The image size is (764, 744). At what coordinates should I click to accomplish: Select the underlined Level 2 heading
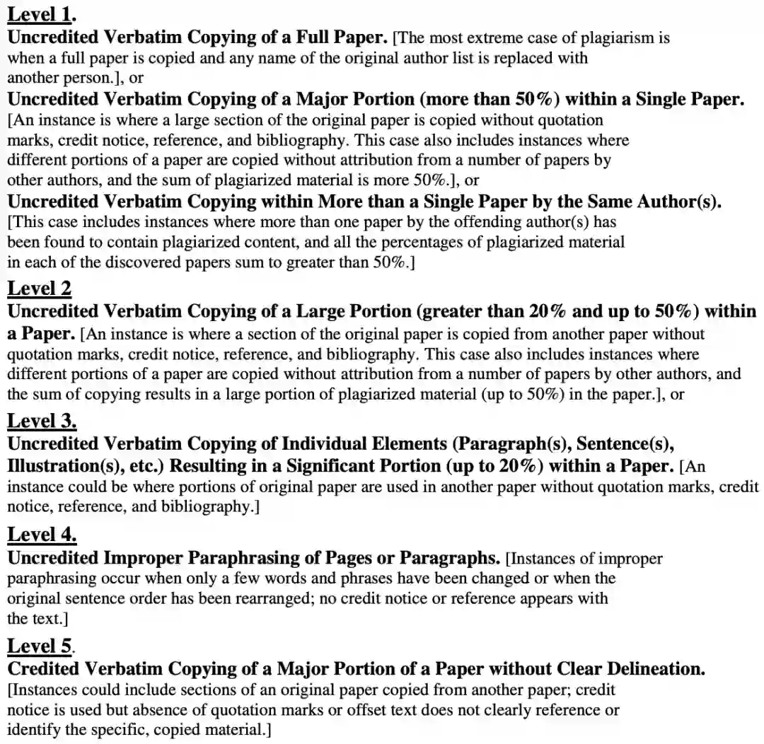(39, 288)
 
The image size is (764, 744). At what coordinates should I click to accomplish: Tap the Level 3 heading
(41, 421)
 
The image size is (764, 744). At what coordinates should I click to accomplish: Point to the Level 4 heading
(41, 534)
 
